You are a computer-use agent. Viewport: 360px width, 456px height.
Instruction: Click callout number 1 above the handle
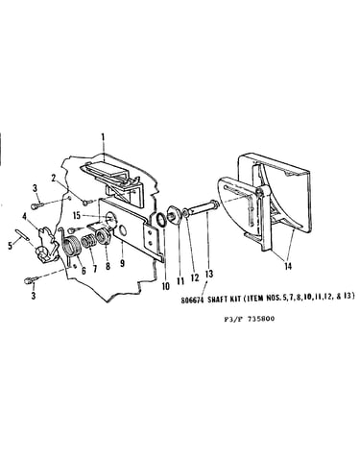tap(103, 137)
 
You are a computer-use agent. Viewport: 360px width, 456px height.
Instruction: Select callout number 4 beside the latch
tap(25, 217)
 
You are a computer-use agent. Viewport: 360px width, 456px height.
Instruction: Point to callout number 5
tap(11, 246)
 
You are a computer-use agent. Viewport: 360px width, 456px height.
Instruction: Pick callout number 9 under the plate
tap(122, 264)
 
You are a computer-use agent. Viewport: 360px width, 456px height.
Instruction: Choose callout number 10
tap(165, 286)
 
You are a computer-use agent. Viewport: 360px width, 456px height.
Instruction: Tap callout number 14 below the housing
tap(288, 266)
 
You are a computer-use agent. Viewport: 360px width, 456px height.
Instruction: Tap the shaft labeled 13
tap(202, 207)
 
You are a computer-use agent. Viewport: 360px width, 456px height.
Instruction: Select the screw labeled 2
tap(87, 203)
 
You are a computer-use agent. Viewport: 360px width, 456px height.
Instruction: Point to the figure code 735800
tap(262, 319)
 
